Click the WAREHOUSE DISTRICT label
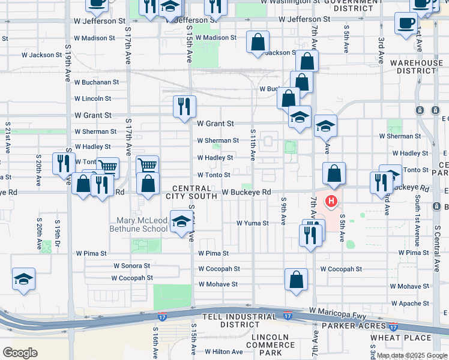tap(417, 67)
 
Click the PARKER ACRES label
tap(354, 326)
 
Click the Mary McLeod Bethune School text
tap(138, 224)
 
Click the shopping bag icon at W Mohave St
tap(296, 279)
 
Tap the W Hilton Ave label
tap(223, 352)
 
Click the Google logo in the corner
tap(20, 352)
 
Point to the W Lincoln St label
tap(92, 98)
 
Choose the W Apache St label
tap(409, 304)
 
